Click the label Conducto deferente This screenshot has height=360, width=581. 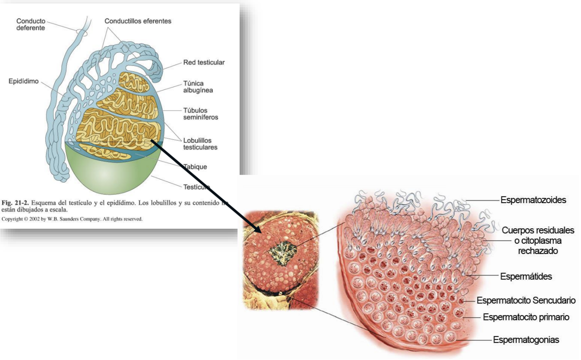tap(30, 25)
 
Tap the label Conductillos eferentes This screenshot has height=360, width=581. tap(138, 21)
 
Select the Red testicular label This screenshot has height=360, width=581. tap(204, 62)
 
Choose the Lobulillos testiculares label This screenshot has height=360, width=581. tap(200, 143)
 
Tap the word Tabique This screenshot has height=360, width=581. tap(195, 166)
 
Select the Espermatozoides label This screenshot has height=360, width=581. tap(533, 200)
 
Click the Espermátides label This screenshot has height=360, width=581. tap(526, 276)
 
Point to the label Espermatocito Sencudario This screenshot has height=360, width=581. tap(526, 300)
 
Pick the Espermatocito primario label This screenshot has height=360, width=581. tap(526, 317)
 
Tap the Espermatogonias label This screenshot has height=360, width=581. tap(526, 339)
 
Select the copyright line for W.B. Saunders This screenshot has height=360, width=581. tap(72, 219)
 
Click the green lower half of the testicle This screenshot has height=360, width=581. tap(109, 172)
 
